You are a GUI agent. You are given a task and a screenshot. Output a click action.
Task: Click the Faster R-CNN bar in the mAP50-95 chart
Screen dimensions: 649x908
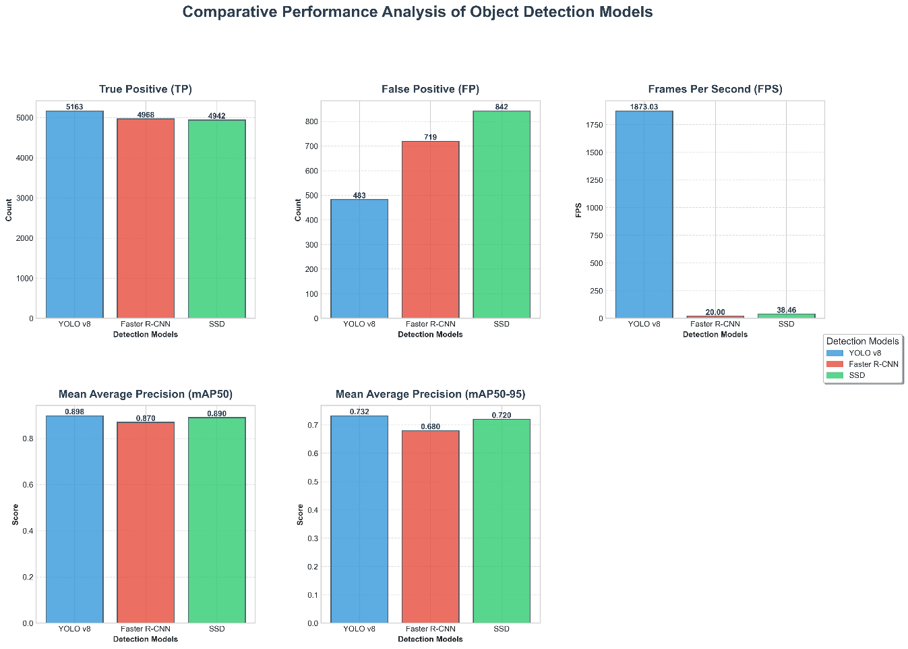pos(430,526)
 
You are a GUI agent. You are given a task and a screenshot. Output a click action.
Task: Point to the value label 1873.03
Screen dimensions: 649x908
pos(644,107)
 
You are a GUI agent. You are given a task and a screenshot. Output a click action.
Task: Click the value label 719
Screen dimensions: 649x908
pos(430,137)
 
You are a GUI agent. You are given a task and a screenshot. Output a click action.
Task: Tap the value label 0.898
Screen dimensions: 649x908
pos(74,412)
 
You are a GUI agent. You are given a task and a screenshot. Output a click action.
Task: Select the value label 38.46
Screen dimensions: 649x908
pos(786,310)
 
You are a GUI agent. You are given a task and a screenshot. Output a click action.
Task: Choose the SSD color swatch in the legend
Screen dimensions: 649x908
pos(834,375)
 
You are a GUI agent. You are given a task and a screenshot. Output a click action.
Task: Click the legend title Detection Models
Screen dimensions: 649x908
pos(862,341)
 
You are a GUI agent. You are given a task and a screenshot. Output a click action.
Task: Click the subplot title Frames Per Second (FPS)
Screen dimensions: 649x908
pos(715,89)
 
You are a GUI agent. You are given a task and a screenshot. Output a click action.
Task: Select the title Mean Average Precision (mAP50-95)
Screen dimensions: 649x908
pos(430,394)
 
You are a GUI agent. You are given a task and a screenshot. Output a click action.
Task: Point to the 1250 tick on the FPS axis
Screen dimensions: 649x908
pos(595,180)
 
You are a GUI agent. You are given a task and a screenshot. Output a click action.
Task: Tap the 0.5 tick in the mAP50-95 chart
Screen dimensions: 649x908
pos(313,482)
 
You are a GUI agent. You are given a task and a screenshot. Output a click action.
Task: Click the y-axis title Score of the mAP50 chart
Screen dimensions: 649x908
pos(16,514)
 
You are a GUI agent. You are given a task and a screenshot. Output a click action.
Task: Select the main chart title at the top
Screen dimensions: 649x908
pos(417,12)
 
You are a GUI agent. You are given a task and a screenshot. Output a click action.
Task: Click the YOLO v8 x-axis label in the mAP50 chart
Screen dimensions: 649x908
pos(74,629)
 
